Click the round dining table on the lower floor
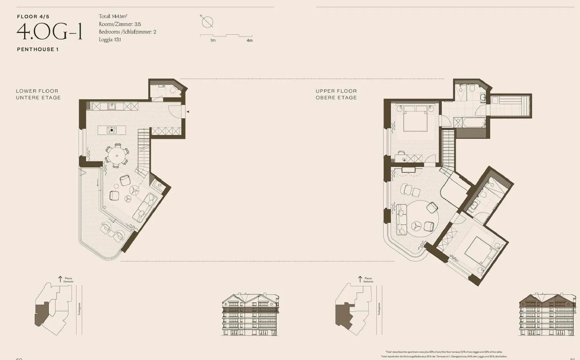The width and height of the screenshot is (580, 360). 117,155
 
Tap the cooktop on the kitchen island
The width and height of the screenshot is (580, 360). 112,130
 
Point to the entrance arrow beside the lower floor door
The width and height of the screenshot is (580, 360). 188,112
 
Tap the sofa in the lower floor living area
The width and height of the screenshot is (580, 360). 145,207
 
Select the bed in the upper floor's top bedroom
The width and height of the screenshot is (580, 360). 415,119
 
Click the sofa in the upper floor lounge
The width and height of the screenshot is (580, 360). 401,220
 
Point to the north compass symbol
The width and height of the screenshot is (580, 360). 207,22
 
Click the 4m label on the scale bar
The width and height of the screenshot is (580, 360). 249,40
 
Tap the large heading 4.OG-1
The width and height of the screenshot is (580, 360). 50,32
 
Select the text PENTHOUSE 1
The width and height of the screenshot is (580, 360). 38,49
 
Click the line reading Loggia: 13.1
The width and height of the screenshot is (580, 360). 110,39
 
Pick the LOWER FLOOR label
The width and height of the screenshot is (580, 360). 37,91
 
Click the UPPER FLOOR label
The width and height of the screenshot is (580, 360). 336,91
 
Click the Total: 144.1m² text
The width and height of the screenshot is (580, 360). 113,17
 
